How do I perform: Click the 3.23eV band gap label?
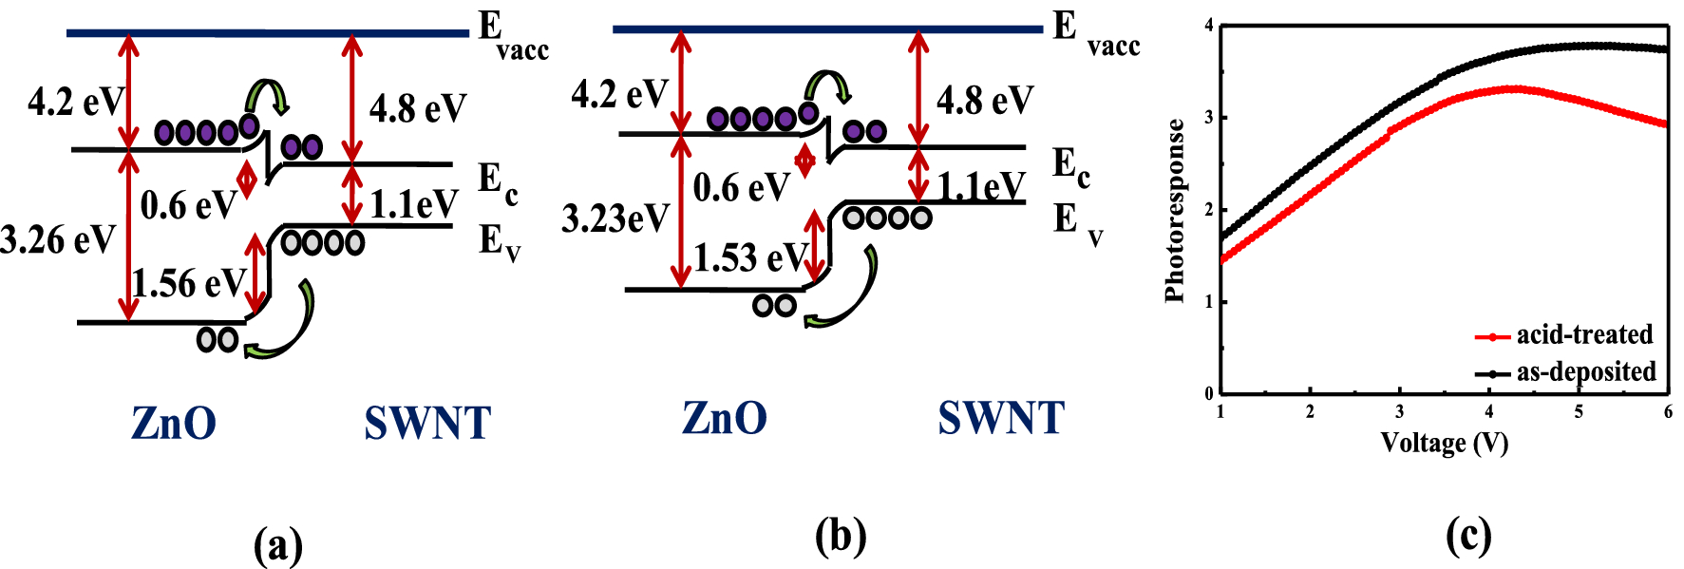pyautogui.click(x=615, y=218)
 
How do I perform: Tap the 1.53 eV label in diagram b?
pyautogui.click(x=749, y=257)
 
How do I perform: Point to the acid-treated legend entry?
pyautogui.click(x=1583, y=334)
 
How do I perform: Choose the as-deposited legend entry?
pyautogui.click(x=1585, y=371)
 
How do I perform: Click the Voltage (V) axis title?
pyautogui.click(x=1444, y=443)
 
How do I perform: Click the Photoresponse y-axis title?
pyautogui.click(x=1175, y=211)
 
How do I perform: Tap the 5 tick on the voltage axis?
pyautogui.click(x=1579, y=412)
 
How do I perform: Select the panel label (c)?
pyautogui.click(x=1468, y=537)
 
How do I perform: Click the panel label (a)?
pyautogui.click(x=278, y=546)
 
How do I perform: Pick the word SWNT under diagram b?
pyautogui.click(x=1001, y=418)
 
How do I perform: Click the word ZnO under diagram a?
pyautogui.click(x=174, y=423)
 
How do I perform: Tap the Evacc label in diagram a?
pyautogui.click(x=510, y=36)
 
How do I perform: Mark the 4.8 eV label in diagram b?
pyautogui.click(x=985, y=99)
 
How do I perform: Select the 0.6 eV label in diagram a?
pyautogui.click(x=187, y=204)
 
